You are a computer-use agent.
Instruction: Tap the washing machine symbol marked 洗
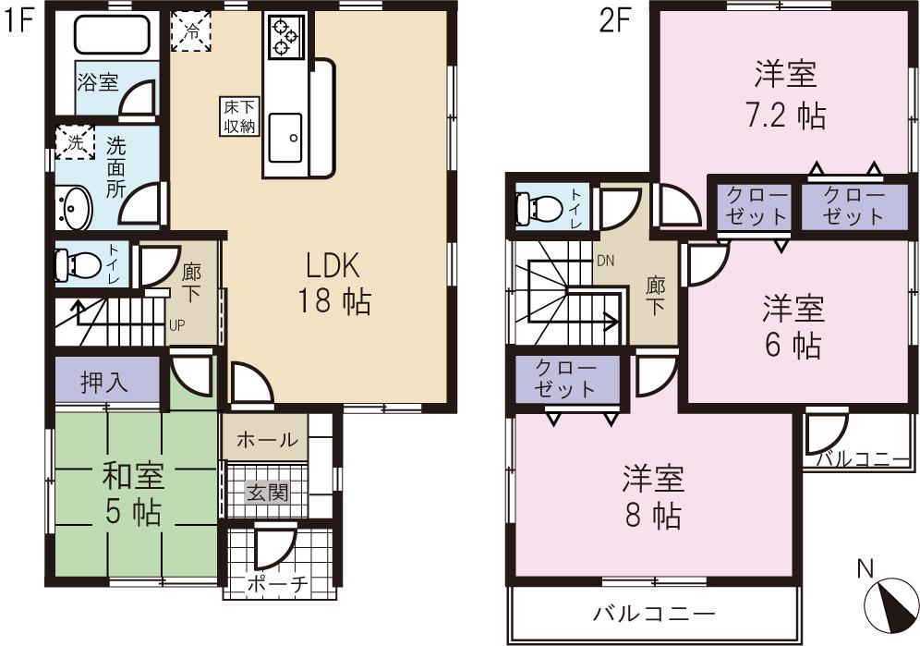75,142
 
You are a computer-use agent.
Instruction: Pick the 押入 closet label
104,381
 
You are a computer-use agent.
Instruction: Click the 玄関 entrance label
266,492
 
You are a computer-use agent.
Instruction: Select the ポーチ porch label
276,586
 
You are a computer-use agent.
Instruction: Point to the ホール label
267,440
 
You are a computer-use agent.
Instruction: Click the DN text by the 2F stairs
605,261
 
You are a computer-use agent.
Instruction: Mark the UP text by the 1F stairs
176,324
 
